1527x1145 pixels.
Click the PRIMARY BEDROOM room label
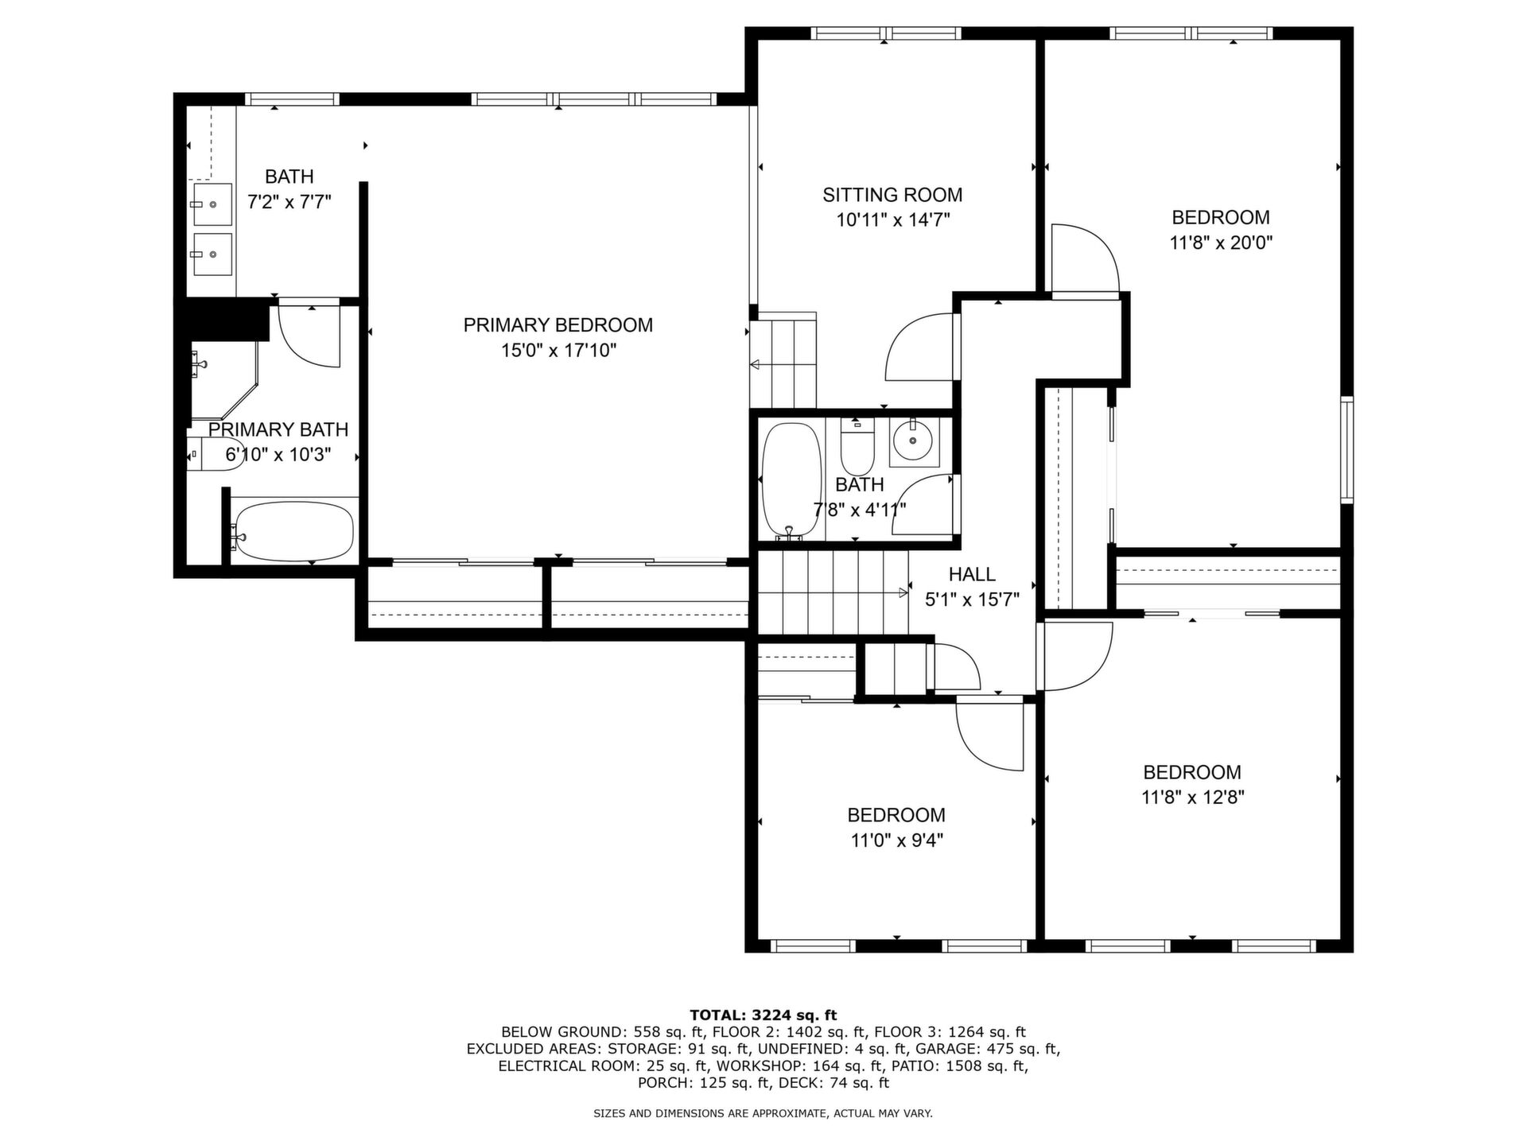tap(558, 324)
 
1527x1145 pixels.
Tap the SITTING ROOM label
tap(892, 195)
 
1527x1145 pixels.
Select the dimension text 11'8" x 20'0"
tap(1221, 243)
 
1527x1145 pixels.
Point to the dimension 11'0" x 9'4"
tap(896, 840)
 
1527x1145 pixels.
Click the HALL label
tap(972, 574)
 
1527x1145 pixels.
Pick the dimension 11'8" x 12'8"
tap(1192, 798)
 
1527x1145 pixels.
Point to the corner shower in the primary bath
tap(226, 380)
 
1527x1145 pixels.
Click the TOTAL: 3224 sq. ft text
tap(763, 1015)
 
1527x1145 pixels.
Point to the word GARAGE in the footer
tap(946, 1049)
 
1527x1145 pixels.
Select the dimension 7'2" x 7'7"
tap(289, 202)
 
